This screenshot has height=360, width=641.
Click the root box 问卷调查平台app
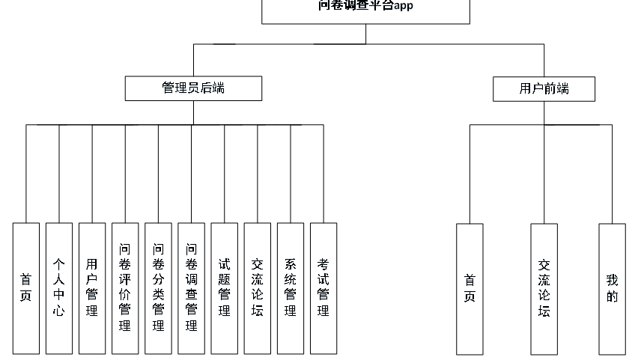point(365,10)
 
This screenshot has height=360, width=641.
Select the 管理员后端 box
point(193,88)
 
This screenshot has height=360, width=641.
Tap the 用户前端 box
point(544,88)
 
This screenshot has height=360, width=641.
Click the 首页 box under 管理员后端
point(26,288)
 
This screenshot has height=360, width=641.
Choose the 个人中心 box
point(59,288)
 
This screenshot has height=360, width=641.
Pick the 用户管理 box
point(92,288)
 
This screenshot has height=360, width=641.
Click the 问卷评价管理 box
point(125,288)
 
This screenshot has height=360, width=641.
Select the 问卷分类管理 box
point(158,288)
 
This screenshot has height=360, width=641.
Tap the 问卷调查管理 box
point(191,288)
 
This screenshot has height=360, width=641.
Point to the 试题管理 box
point(224,288)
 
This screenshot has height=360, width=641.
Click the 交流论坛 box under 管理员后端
point(257,288)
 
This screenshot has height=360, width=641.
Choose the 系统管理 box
point(290,288)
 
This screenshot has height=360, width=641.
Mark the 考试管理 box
point(323,288)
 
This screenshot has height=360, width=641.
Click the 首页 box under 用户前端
point(470,289)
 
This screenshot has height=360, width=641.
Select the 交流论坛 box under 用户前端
point(544,289)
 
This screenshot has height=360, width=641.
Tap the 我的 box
point(612,289)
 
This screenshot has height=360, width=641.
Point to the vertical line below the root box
point(365,34)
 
